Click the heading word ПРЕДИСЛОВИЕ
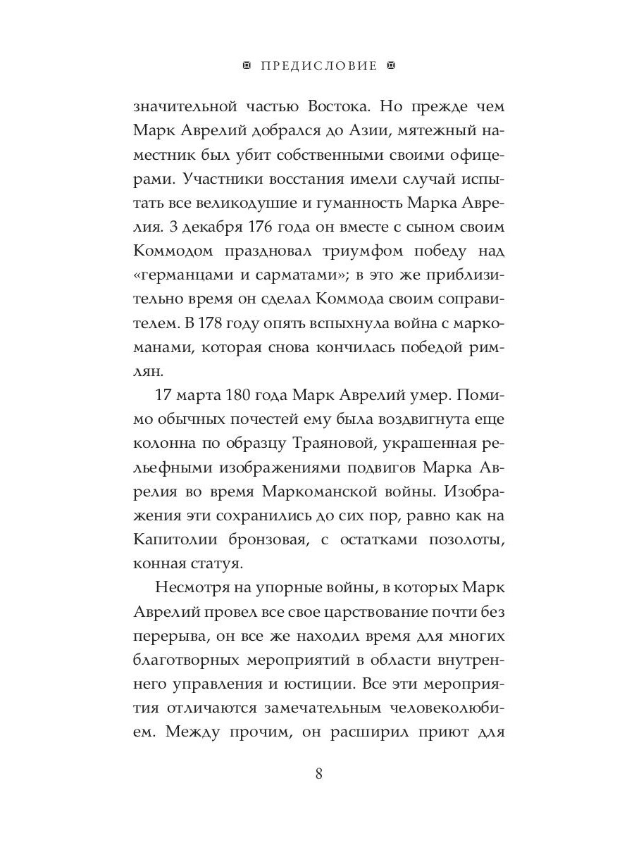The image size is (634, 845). tap(318, 66)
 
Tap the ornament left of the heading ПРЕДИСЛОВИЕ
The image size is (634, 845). tap(246, 66)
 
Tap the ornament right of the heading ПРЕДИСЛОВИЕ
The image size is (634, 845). tap(392, 66)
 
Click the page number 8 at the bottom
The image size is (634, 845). tap(318, 774)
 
